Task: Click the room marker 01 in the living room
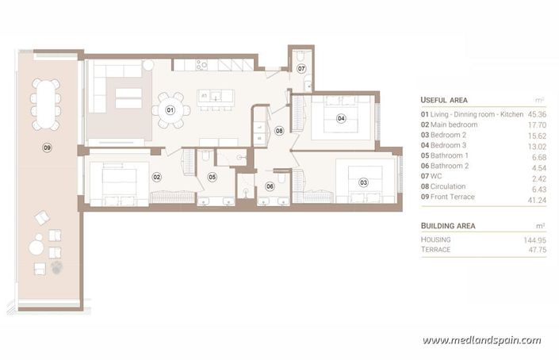click(x=170, y=109)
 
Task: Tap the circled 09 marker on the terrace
click(x=47, y=147)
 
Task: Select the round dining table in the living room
click(x=170, y=112)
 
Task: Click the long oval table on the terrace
click(x=46, y=103)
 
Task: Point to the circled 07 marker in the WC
click(x=301, y=69)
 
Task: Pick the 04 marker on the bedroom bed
click(x=341, y=119)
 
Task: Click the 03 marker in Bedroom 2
click(x=363, y=182)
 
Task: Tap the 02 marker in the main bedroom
click(x=157, y=177)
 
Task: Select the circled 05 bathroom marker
click(x=212, y=177)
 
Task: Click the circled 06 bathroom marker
click(x=270, y=187)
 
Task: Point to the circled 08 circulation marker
click(x=279, y=130)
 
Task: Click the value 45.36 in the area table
click(x=538, y=114)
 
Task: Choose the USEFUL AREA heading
click(x=444, y=100)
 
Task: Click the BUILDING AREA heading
click(x=448, y=225)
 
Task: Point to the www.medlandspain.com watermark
click(x=481, y=341)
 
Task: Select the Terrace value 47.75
click(x=538, y=250)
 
